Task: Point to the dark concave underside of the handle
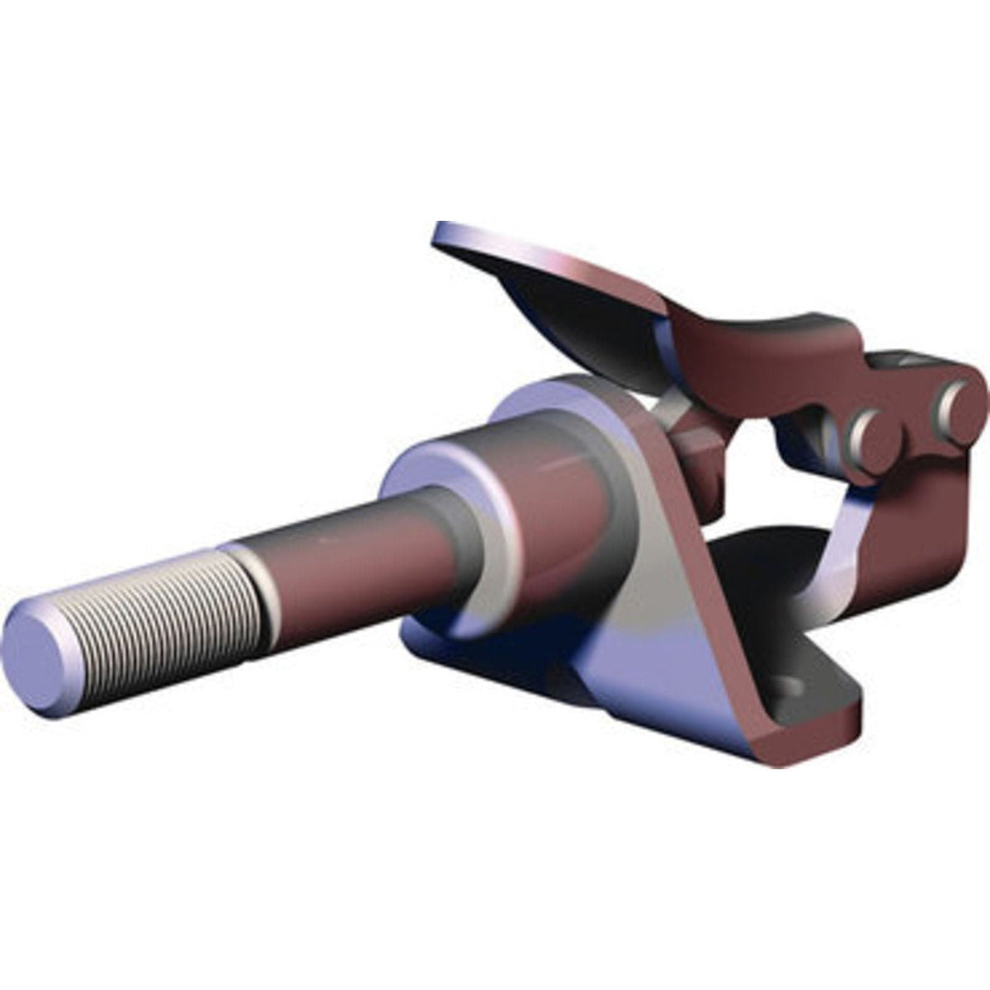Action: pyautogui.click(x=577, y=330)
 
